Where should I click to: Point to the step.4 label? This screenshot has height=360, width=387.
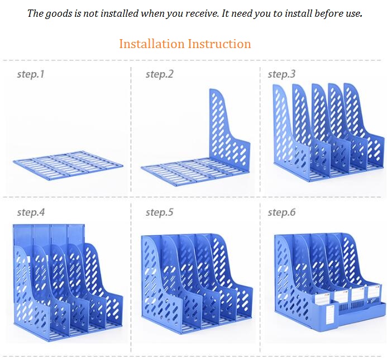coord(31,212)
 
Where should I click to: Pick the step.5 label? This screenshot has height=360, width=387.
coord(160,212)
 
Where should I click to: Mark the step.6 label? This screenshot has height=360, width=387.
coord(281,212)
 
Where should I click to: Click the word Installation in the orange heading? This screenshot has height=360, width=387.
coord(151,44)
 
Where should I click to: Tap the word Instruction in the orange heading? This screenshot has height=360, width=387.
coord(219,44)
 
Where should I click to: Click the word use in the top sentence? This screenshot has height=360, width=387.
coord(355,13)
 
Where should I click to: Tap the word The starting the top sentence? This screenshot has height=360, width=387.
coord(35,13)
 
